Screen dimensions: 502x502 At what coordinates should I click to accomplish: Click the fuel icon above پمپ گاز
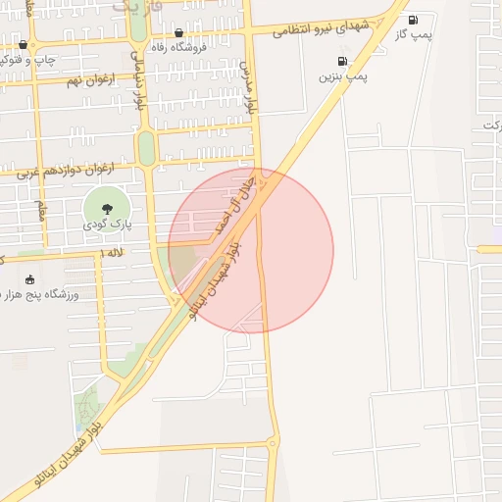[x=412, y=20]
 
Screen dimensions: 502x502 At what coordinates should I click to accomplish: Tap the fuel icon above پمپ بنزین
[x=342, y=61]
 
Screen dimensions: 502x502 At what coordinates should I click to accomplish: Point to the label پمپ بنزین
[x=342, y=75]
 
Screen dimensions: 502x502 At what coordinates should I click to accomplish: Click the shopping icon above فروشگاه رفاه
[x=177, y=32]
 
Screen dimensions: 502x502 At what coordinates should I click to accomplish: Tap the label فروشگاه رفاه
[x=177, y=46]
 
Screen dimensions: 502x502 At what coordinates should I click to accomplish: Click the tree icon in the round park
[x=107, y=207]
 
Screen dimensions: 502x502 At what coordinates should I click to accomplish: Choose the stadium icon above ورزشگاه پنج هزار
[x=28, y=279]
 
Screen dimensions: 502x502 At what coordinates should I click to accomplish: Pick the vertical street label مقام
[x=41, y=211]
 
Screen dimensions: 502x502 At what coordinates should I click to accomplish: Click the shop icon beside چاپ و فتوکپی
[x=23, y=45]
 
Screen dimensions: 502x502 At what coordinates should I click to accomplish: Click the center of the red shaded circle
[x=251, y=251]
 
